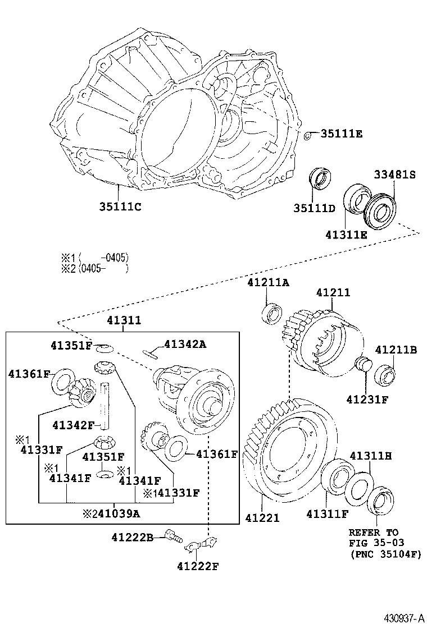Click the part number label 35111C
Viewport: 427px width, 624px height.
pos(120,206)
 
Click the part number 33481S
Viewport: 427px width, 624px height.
pos(394,175)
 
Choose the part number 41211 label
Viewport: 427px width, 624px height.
pos(333,292)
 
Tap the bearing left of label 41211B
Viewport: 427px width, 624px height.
pos(385,373)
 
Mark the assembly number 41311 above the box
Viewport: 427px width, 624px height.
pos(124,320)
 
